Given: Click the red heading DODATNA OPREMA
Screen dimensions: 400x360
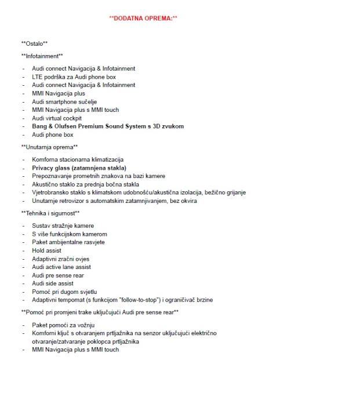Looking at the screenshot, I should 143,19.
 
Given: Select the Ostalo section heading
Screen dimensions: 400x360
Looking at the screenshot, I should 34,44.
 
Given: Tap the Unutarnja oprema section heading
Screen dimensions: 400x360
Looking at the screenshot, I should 49,147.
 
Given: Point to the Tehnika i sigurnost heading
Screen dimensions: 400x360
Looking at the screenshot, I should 50,213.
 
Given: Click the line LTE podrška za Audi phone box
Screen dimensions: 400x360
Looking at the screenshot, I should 74,77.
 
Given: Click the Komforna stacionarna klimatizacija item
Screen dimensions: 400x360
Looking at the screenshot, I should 77,159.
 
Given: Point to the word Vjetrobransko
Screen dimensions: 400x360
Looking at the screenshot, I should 51,192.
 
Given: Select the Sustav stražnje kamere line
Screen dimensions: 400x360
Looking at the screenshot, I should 63,226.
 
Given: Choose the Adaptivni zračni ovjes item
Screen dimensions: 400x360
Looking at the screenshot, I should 60,259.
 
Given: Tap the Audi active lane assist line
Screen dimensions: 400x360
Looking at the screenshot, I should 61,267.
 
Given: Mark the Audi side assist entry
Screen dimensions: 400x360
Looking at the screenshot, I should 54,283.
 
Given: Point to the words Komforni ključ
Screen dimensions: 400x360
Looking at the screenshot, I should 52,333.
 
